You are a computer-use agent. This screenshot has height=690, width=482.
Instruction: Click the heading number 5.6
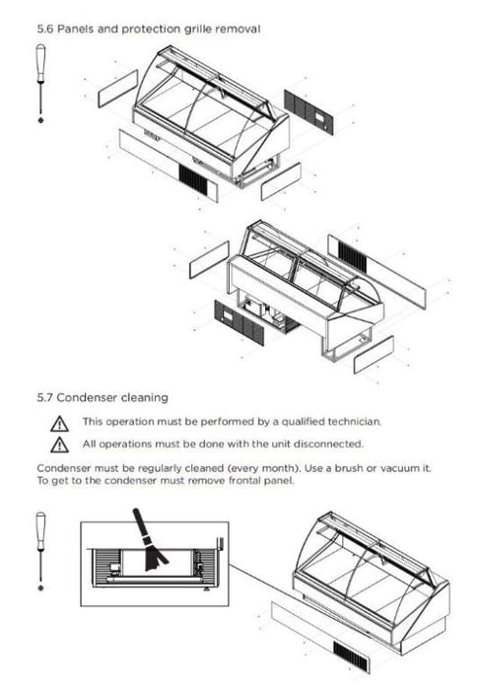coord(45,29)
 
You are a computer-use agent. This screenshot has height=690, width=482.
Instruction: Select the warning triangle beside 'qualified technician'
coord(59,423)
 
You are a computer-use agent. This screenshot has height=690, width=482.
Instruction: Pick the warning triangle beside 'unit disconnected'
coord(59,445)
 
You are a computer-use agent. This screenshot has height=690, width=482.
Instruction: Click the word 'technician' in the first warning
coord(354,422)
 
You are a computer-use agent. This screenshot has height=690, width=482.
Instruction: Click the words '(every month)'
coord(262,468)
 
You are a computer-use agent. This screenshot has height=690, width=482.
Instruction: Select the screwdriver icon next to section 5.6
coord(41,84)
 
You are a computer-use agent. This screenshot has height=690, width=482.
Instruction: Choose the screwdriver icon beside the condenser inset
coord(41,551)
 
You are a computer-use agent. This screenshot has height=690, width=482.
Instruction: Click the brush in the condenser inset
coord(150,540)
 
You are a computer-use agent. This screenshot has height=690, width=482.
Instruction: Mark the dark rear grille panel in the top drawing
coord(309,112)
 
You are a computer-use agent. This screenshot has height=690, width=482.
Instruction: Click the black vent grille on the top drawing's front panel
coord(193,180)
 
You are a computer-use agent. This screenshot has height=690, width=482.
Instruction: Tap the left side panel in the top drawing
coord(117,88)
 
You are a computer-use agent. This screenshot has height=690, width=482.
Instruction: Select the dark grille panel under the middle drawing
coord(239,322)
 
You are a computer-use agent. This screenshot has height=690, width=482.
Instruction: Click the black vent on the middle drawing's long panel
coord(352,257)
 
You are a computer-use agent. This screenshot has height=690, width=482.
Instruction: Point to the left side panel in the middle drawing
coord(209,259)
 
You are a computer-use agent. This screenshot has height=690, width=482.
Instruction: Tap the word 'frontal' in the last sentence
coord(244,481)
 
